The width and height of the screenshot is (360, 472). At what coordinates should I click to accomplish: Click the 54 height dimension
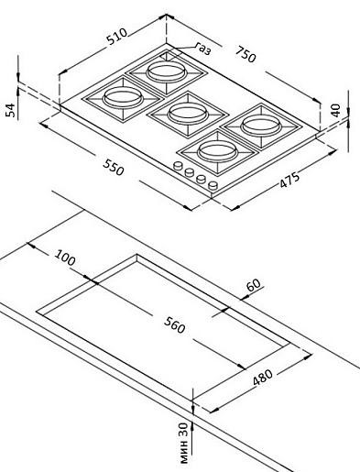10,109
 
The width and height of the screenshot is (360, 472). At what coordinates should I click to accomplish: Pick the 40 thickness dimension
335,109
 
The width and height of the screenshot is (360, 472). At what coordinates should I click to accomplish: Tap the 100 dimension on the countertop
66,258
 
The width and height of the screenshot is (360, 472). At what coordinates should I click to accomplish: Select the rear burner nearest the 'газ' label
167,70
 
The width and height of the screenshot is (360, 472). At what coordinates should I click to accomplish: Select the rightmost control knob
213,186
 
